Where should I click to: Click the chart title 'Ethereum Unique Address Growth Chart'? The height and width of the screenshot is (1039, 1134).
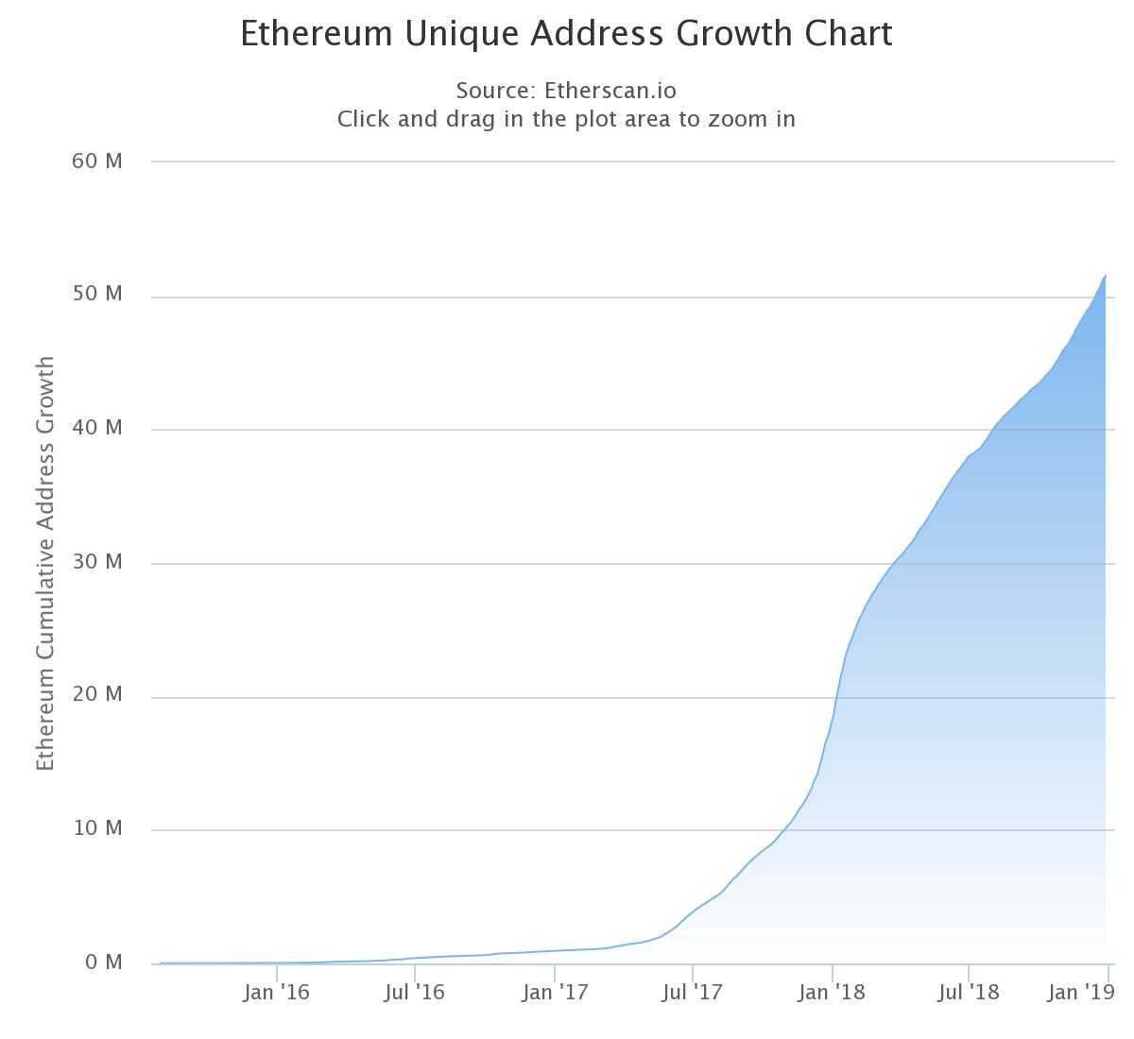point(566,34)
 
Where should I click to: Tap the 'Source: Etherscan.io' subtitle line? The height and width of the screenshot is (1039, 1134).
point(566,91)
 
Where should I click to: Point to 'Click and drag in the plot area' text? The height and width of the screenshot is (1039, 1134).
point(566,119)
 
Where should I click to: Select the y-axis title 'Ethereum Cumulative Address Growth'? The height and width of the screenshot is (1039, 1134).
point(45,563)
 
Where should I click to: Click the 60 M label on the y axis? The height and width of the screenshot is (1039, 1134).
point(97,161)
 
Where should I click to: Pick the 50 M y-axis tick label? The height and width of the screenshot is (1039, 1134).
point(97,294)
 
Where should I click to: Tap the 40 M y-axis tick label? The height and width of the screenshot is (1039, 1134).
point(97,428)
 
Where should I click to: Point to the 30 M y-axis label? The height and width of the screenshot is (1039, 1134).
point(97,562)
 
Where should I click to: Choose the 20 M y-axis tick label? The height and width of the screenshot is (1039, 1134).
point(97,694)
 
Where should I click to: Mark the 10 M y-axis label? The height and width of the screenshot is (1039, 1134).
point(97,828)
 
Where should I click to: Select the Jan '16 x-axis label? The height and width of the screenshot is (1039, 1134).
point(276,993)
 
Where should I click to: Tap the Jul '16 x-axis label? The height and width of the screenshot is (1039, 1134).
point(415,993)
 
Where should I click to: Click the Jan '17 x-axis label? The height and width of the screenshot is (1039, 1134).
point(555,993)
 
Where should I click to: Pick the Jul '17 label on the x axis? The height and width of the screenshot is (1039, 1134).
point(693,993)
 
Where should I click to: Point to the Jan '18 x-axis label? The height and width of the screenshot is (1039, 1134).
point(833,993)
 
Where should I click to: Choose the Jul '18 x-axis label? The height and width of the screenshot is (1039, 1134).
point(969,993)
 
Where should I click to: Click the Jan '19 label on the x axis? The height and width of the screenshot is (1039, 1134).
point(1082,993)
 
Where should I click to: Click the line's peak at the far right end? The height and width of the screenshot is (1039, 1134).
point(1106,275)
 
